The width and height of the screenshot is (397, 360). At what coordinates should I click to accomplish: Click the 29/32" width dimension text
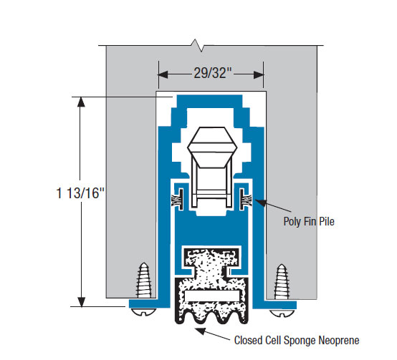click(x=213, y=73)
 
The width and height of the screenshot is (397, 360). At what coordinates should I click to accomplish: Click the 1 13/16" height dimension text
click(x=80, y=193)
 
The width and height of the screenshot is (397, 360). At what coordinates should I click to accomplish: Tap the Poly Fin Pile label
click(x=309, y=221)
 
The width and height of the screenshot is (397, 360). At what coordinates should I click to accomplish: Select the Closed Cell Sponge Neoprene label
click(x=297, y=340)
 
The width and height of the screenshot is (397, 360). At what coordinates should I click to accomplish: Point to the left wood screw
click(x=144, y=280)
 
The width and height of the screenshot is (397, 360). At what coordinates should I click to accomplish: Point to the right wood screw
click(x=282, y=281)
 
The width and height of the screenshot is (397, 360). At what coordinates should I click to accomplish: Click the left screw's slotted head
click(x=143, y=312)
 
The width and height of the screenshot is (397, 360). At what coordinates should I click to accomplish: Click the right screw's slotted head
click(x=282, y=313)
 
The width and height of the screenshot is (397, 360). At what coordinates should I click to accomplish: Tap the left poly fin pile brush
click(x=178, y=199)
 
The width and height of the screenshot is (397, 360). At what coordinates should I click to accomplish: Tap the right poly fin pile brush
click(x=245, y=199)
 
